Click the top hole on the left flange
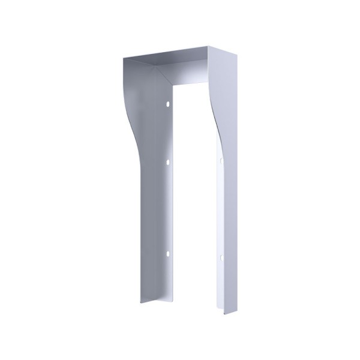click(x=167, y=104)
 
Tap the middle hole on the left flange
click(x=167, y=161)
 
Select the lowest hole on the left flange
click(x=167, y=254)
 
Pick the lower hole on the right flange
click(x=221, y=258)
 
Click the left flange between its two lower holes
click(x=167, y=207)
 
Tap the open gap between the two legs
click(x=195, y=210)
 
